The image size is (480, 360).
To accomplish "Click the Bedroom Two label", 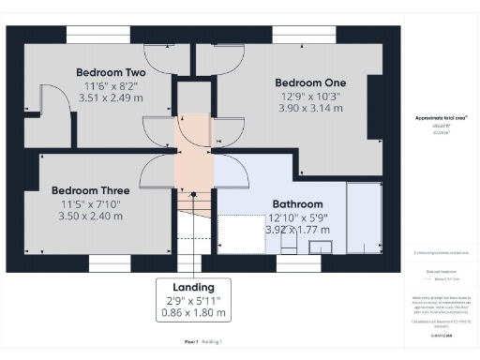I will tap(110, 72).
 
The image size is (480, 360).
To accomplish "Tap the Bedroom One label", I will tap(310, 82).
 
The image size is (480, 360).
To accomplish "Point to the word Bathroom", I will tap(297, 203).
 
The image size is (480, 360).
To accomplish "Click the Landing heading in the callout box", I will tap(194, 287).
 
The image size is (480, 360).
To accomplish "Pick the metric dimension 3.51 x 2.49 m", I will tap(110, 97).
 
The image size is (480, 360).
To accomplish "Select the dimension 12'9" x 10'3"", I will tap(310, 95).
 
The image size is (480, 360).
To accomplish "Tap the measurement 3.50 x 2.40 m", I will tap(86, 216).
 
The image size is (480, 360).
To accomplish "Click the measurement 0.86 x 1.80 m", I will tap(194, 312).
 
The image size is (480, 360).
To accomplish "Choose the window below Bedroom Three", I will tap(111, 264).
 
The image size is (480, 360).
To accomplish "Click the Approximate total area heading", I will tap(441, 118).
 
